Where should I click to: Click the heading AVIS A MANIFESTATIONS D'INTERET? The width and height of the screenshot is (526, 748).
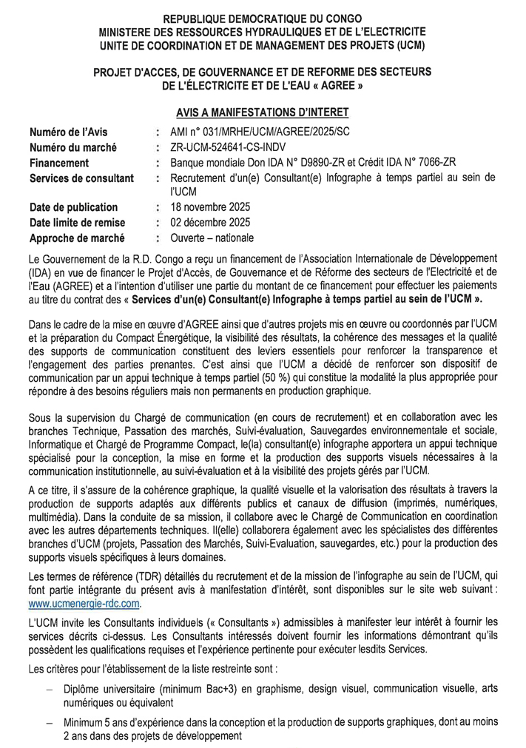click(262, 112)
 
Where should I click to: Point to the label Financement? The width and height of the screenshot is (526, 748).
click(60, 163)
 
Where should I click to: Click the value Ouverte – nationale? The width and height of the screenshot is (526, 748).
click(212, 238)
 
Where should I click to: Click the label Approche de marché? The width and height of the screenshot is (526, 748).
click(77, 238)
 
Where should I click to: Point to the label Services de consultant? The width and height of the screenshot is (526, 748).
click(81, 178)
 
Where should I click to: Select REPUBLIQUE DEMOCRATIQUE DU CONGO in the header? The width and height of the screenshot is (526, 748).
click(263, 17)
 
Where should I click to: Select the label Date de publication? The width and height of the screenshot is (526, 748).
click(73, 207)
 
